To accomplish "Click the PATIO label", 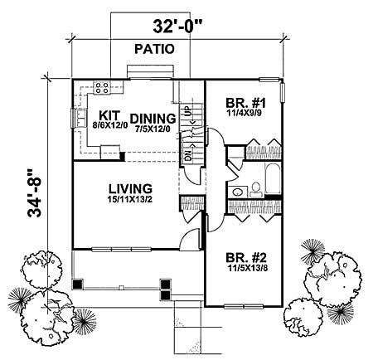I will point(155,49).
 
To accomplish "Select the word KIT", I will point(109,116).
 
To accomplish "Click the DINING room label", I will point(151,117).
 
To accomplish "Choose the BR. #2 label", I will point(247,256).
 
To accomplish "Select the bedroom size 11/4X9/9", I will point(245,116).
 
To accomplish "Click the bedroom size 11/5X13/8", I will point(247,269).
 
